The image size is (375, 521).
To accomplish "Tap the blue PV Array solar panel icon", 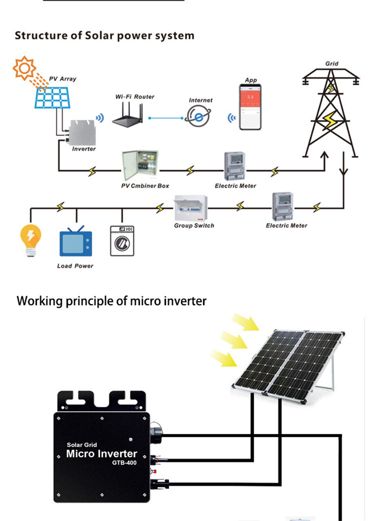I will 52,98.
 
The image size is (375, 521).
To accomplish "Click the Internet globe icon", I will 198,116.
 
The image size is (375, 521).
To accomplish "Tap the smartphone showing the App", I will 249,107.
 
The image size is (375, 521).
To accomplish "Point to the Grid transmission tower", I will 330,114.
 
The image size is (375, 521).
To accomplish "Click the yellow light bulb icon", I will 31,240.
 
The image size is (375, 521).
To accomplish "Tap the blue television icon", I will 76,242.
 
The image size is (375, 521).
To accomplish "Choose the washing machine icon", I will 122,241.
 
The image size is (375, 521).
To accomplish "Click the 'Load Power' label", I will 75,266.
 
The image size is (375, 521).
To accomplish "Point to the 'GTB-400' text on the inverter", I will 124,463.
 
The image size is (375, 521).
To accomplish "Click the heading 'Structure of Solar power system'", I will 104,35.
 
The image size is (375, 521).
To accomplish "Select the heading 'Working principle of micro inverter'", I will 111,301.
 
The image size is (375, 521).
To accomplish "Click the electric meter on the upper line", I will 234,166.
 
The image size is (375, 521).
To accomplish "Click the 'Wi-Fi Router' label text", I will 135,97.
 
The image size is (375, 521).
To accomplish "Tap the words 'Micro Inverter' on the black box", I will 101,454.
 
